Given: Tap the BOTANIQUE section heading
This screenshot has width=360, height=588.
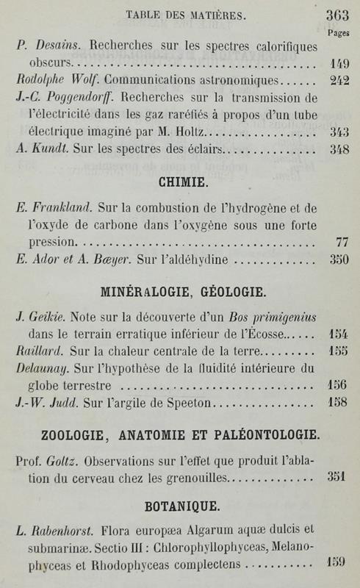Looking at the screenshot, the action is click(x=180, y=507).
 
